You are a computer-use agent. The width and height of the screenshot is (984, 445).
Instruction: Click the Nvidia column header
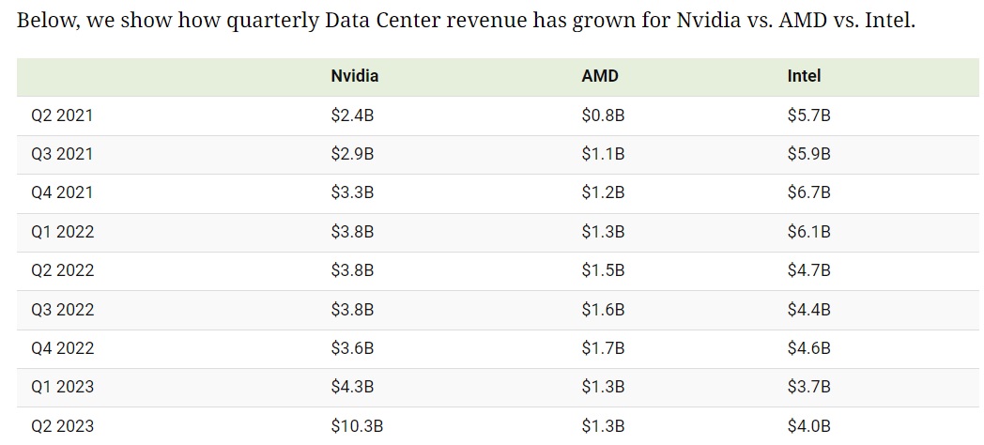point(355,77)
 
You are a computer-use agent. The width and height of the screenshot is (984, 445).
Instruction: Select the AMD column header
point(600,77)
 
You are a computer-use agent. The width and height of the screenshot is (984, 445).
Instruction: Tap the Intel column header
point(804,77)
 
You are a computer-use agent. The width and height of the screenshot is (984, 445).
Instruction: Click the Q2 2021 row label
point(62,115)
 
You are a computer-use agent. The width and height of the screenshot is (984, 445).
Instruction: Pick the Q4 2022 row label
point(62,347)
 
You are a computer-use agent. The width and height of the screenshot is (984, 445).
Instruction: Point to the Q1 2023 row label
point(62,387)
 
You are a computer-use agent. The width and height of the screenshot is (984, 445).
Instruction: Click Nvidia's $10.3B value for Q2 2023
point(357,425)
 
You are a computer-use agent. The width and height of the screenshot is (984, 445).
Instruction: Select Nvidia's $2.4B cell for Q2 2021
point(352,115)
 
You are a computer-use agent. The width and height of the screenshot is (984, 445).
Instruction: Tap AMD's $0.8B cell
point(604,115)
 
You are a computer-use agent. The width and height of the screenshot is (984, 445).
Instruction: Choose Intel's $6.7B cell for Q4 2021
point(809,192)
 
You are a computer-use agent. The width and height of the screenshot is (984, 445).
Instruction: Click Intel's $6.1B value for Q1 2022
point(809,232)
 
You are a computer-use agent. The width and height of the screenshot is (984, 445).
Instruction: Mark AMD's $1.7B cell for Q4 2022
point(604,347)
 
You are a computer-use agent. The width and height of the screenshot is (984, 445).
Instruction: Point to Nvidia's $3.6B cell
point(352,347)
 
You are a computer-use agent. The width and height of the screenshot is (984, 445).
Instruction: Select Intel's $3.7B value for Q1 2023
point(809,387)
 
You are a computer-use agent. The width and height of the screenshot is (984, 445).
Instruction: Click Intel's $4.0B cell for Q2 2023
point(809,425)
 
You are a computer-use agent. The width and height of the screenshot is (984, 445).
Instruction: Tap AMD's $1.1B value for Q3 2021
point(604,154)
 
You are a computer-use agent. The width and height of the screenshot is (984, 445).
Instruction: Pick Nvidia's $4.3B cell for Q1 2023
point(352,387)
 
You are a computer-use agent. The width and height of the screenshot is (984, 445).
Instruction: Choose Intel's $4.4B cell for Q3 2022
point(809,309)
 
